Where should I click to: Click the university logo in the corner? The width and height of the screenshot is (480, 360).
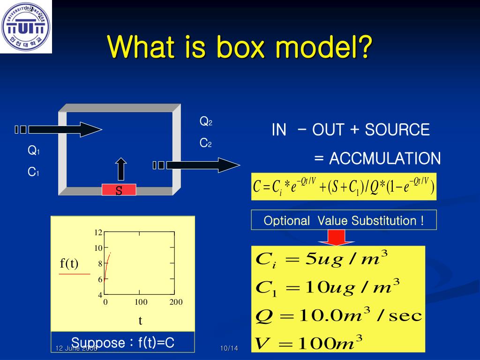25,26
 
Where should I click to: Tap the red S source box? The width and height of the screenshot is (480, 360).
119,190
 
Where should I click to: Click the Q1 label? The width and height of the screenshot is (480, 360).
33,151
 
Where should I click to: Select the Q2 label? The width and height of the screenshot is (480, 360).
206,122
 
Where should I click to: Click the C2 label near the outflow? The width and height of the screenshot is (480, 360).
206,143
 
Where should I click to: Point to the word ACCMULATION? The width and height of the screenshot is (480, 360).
384,159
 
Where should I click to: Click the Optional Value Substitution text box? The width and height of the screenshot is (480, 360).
344,220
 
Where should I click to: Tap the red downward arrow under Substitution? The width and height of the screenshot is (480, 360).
336,237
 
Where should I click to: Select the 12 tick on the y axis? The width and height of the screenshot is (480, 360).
98,232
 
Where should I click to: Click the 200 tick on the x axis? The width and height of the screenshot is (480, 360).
176,302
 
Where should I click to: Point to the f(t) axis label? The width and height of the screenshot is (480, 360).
69,263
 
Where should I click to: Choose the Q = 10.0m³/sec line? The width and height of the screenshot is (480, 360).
337,315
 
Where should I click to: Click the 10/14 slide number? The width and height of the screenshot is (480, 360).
229,348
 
